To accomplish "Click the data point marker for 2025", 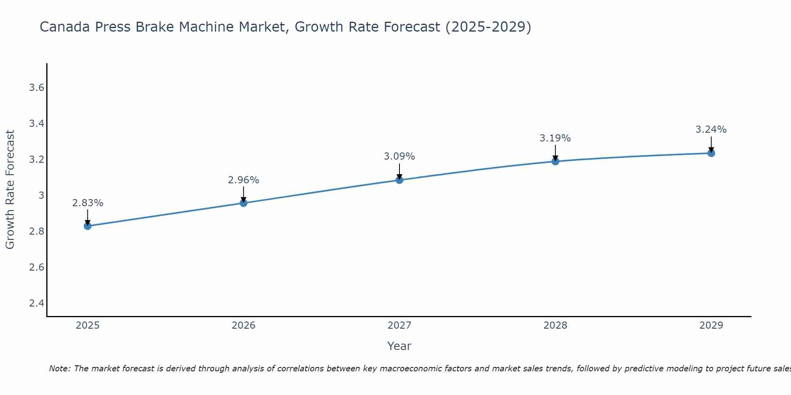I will pyautogui.click(x=87, y=226).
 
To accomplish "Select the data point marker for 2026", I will pyautogui.click(x=244, y=203).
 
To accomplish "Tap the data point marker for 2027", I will pyautogui.click(x=399, y=180).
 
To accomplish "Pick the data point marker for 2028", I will pyautogui.click(x=555, y=161).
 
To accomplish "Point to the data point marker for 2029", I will pyautogui.click(x=711, y=153).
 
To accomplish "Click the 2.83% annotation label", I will pyautogui.click(x=87, y=203).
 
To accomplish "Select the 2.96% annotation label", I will pyautogui.click(x=244, y=180).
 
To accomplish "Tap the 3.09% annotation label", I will pyautogui.click(x=399, y=156).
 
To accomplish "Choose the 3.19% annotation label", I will pyautogui.click(x=555, y=138).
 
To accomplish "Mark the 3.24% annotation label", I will pyautogui.click(x=711, y=130).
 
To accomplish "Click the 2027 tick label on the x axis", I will pyautogui.click(x=399, y=325).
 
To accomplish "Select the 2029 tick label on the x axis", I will pyautogui.click(x=711, y=325).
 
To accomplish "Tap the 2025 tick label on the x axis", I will pyautogui.click(x=87, y=325).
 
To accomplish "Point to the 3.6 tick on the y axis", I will pyautogui.click(x=36, y=88).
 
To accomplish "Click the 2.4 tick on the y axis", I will pyautogui.click(x=36, y=303).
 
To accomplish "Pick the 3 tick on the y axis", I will pyautogui.click(x=41, y=196).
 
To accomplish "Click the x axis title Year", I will pyautogui.click(x=399, y=346).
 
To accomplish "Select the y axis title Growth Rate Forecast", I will pyautogui.click(x=10, y=190).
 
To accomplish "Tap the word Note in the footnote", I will pyautogui.click(x=59, y=369).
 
